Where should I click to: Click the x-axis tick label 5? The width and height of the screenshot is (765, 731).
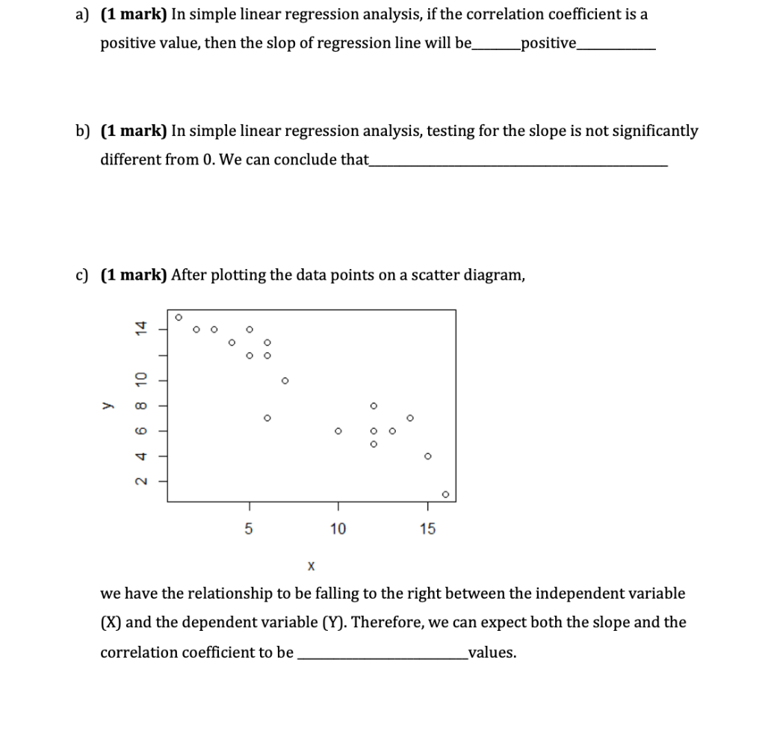coord(249,529)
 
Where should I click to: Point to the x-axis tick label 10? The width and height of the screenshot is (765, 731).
coord(338,529)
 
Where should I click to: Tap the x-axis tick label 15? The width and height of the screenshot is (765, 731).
coord(427,529)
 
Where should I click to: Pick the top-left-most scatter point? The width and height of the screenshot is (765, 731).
coord(178,317)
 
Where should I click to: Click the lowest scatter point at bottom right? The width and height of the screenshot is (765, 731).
coord(445,494)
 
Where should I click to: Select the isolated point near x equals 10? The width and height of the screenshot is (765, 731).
coord(338,431)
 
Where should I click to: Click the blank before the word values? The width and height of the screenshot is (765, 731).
coord(381,655)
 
